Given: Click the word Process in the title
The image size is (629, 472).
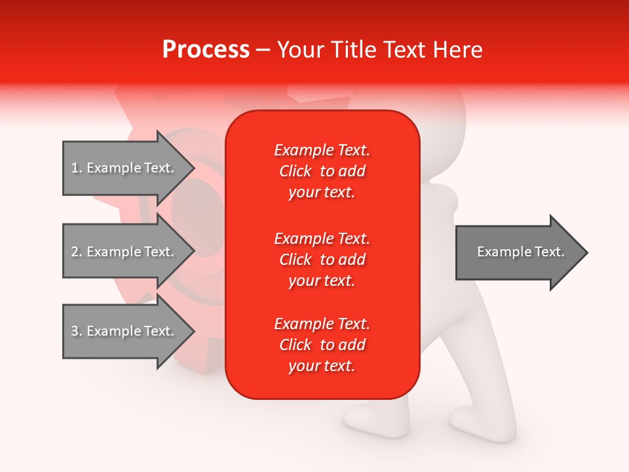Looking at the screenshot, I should pos(206,50).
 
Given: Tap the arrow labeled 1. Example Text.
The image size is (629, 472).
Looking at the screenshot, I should pos(124,168).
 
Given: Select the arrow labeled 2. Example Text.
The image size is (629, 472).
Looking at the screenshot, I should pos(124,252).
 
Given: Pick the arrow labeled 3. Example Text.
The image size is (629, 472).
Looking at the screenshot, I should pos(124,331).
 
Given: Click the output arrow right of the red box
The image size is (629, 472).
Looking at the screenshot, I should pos(518,252).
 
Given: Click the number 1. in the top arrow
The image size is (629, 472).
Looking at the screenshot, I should pos(77,168).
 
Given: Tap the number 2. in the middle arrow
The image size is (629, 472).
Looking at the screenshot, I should pos(77,252).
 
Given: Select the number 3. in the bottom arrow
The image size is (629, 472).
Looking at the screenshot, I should pos(77,331).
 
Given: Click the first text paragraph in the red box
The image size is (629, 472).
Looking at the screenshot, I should pos(322,171).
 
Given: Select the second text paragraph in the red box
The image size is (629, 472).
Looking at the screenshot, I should pos(322,260).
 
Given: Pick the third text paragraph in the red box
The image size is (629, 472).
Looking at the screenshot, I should pos(322,345).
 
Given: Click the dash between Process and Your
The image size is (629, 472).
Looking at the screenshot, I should pos(263,50).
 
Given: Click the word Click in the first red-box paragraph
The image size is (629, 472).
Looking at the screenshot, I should pos(295,172).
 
